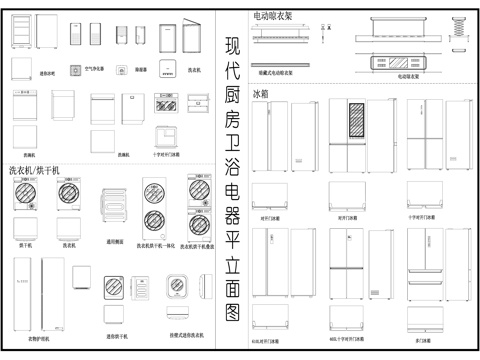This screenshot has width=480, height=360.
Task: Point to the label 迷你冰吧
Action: point(47,73)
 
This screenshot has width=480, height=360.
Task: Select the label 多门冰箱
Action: point(421,340)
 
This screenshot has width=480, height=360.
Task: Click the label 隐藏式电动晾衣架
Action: point(278,74)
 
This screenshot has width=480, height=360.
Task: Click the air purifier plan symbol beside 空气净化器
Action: point(76,71)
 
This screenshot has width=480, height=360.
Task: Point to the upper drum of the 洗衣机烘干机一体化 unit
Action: point(155,193)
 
